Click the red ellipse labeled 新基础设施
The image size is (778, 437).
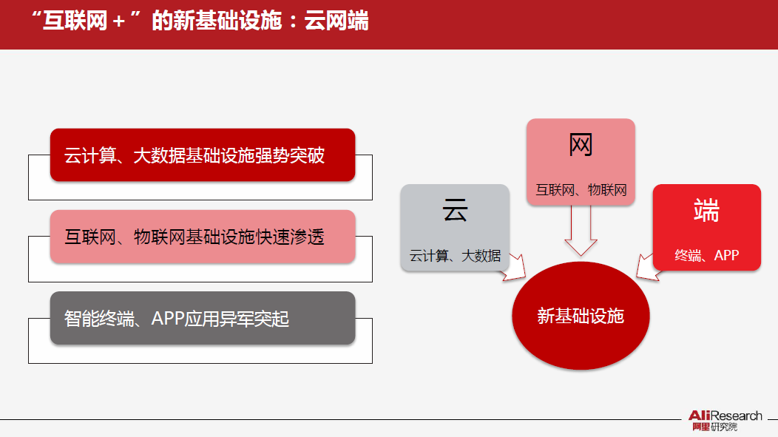point(581,316)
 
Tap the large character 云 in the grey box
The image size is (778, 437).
point(455,211)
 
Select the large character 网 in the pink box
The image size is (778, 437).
point(581,146)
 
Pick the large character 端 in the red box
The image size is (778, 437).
point(706,211)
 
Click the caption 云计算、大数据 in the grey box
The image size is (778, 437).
point(455,256)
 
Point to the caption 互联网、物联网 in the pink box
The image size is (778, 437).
point(581,190)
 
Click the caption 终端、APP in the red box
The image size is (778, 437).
point(706,256)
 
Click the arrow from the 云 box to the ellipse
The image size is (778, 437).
point(511,268)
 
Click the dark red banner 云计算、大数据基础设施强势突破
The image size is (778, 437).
point(203,155)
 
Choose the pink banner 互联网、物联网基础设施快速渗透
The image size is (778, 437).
point(203,237)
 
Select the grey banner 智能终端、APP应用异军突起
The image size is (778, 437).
point(203,319)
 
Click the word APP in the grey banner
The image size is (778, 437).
point(169,319)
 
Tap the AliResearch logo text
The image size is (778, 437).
point(725,416)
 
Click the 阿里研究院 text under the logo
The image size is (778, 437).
point(714,427)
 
